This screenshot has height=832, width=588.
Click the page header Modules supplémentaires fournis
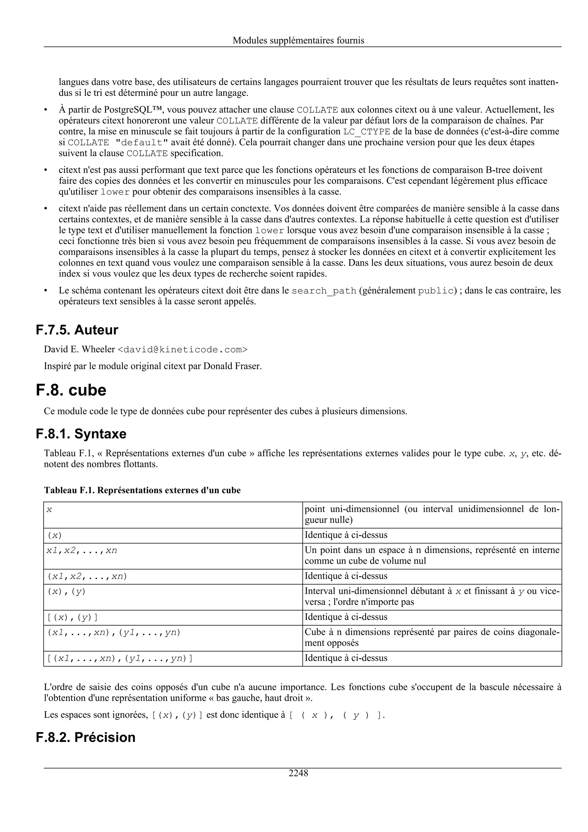click(x=298, y=40)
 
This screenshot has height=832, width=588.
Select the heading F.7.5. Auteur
click(x=77, y=330)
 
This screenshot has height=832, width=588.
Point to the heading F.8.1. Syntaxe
click(x=81, y=434)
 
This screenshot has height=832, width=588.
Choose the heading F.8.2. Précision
click(x=86, y=737)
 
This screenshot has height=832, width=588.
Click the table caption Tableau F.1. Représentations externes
click(x=142, y=490)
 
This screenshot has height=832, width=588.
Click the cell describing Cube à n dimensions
click(x=432, y=637)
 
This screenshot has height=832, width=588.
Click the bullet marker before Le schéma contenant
click(x=46, y=291)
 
